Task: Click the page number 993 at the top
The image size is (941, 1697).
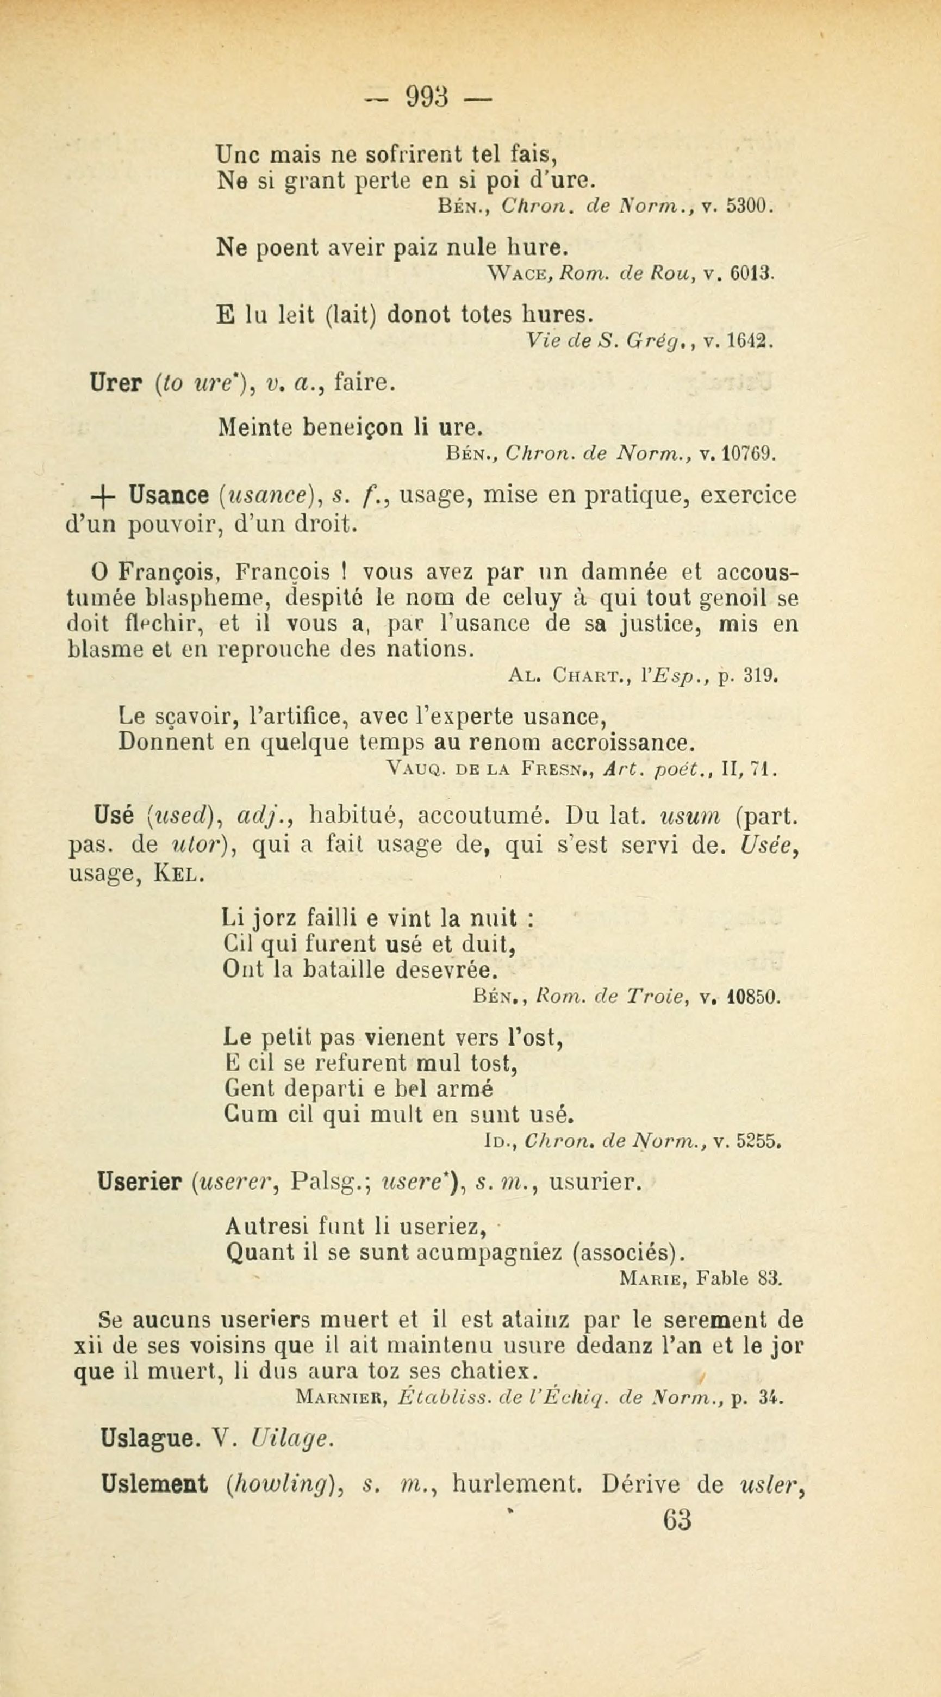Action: [427, 98]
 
